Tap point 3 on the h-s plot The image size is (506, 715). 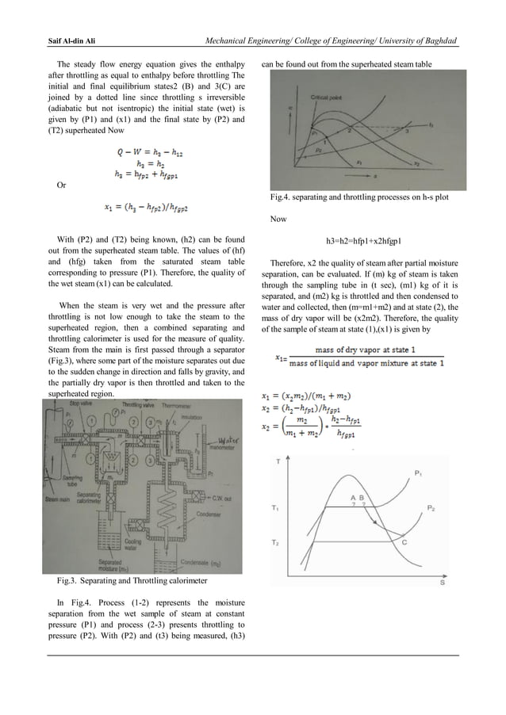(407, 131)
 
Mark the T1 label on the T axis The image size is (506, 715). (274, 508)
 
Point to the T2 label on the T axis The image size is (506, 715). (274, 542)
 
